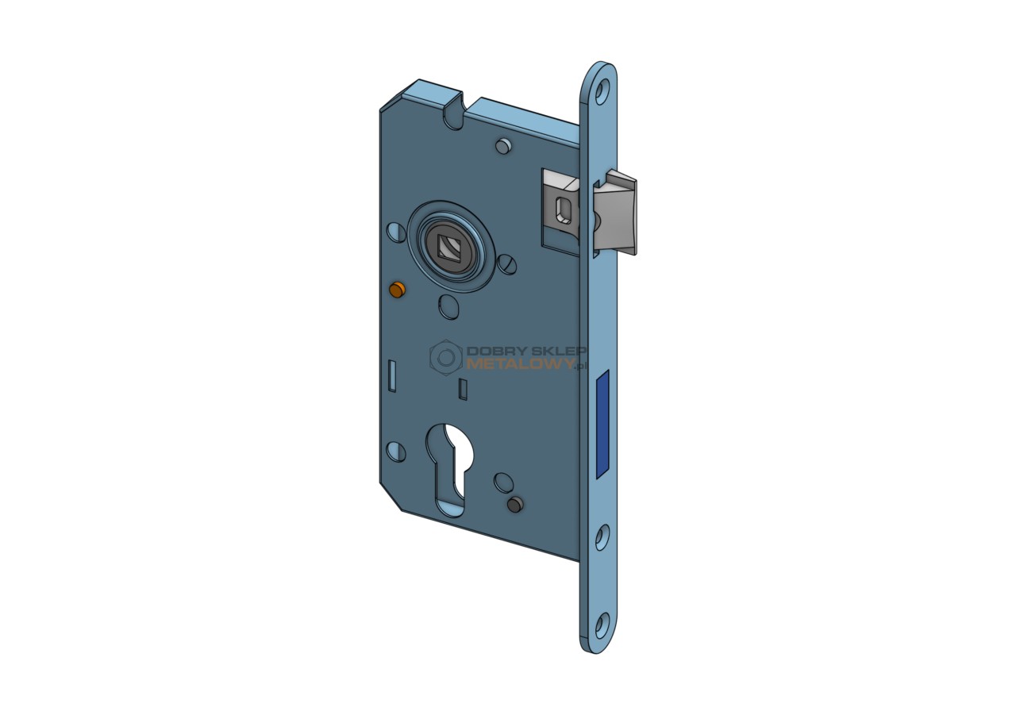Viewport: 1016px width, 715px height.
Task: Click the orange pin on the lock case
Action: coord(398,290)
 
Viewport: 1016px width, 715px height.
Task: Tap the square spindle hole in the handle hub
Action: coord(449,248)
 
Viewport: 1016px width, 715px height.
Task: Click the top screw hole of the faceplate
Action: coord(602,93)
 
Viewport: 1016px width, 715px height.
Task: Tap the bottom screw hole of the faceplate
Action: coord(602,625)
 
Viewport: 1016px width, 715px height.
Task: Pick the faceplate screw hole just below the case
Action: coord(602,537)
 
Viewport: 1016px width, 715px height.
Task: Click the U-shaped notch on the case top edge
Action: coord(453,116)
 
